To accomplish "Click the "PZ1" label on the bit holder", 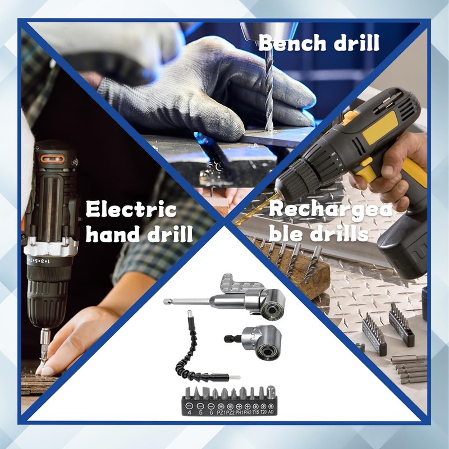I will pyautogui.click(x=221, y=411).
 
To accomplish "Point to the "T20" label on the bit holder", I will pyautogui.click(x=263, y=411).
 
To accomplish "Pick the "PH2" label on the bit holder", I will pyautogui.click(x=247, y=411).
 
